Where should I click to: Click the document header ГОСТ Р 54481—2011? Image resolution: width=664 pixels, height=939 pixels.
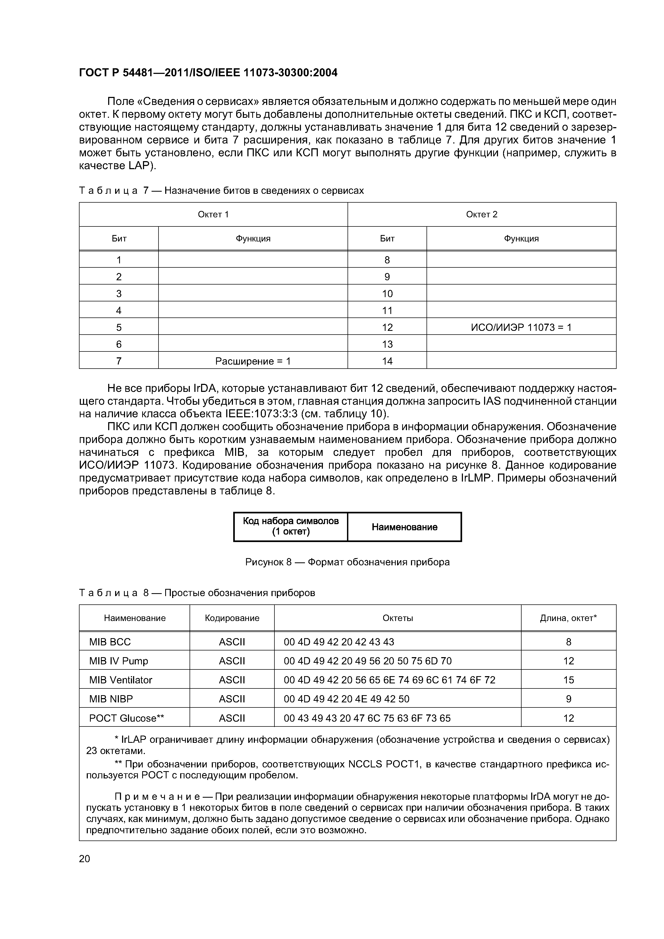[x=208, y=73]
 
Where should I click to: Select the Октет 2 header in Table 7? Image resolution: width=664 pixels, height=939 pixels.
[x=481, y=214]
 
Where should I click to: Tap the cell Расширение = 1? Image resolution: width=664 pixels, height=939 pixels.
[x=252, y=361]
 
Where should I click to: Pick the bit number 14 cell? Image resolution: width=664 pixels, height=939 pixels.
[x=387, y=361]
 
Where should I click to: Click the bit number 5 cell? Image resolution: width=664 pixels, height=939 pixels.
[x=119, y=327]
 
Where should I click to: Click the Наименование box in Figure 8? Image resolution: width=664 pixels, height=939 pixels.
[x=404, y=527]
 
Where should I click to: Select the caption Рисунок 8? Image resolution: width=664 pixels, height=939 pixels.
[x=347, y=562]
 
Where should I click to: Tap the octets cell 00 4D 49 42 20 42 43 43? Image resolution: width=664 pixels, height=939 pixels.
[x=339, y=642]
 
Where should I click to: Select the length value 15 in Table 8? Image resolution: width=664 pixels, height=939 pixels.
[x=568, y=680]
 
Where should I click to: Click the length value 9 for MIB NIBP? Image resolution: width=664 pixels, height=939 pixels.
[x=568, y=699]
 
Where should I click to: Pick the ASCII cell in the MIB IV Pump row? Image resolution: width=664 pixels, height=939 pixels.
[x=232, y=661]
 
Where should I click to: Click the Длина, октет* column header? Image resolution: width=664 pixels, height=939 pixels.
[x=568, y=618]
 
